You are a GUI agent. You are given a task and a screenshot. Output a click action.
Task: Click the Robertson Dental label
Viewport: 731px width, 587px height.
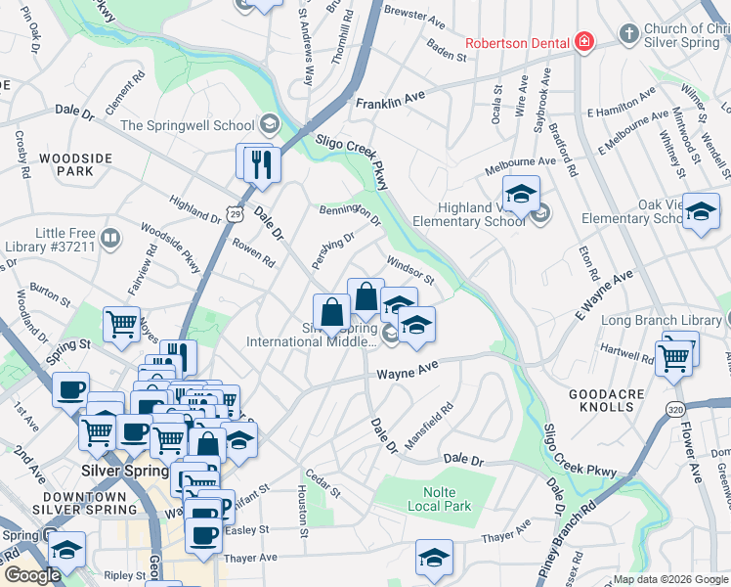(x=518, y=42)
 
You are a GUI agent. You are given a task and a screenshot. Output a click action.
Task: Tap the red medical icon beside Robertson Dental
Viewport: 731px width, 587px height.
(x=584, y=41)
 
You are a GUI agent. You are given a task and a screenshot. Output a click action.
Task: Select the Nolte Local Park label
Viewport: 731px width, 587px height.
(x=434, y=498)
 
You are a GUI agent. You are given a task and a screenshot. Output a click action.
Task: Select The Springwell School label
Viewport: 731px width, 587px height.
(x=188, y=125)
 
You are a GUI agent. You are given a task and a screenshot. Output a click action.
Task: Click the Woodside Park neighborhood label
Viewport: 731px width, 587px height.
(x=66, y=163)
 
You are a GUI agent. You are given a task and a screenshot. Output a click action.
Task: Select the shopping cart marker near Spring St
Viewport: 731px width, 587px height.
(x=121, y=322)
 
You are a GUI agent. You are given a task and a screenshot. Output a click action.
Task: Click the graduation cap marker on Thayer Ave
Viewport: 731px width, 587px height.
(x=434, y=558)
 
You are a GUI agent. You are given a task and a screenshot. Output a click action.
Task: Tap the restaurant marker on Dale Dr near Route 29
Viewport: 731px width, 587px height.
(x=260, y=162)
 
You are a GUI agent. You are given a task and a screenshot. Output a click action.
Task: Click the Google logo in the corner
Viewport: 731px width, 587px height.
(x=31, y=575)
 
